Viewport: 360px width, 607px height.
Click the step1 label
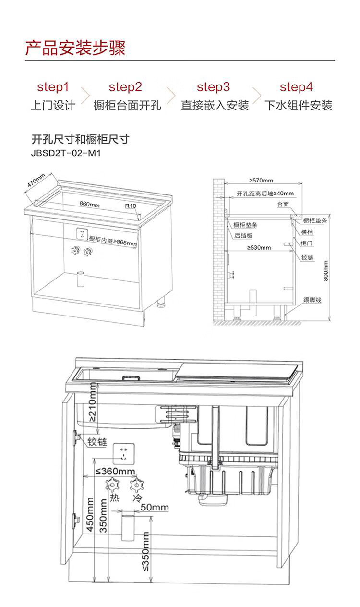(x=53, y=87)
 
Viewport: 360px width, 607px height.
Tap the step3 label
(x=214, y=87)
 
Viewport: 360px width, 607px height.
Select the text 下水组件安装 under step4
(x=298, y=106)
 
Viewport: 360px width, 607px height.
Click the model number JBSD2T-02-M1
(x=66, y=153)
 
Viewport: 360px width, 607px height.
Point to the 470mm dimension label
(x=36, y=181)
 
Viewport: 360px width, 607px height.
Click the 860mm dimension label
(x=89, y=204)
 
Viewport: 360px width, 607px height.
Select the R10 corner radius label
(x=131, y=206)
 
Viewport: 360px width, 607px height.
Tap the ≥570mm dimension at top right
(x=261, y=181)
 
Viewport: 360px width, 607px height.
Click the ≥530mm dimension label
(x=259, y=247)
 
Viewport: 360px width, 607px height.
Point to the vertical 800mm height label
(x=326, y=271)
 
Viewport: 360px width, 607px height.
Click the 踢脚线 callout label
(x=312, y=300)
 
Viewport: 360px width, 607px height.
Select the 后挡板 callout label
(x=243, y=235)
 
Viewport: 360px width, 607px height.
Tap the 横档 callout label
(x=307, y=232)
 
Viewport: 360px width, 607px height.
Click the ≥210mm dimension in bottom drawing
(x=92, y=402)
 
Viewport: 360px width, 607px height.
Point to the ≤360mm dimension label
(x=115, y=471)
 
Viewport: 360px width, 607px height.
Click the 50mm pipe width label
(x=155, y=507)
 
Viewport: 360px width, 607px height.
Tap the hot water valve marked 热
(x=112, y=485)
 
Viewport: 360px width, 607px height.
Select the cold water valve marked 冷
(x=137, y=485)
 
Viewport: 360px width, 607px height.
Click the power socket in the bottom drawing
(x=124, y=454)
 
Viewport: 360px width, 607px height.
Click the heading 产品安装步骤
(x=75, y=48)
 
